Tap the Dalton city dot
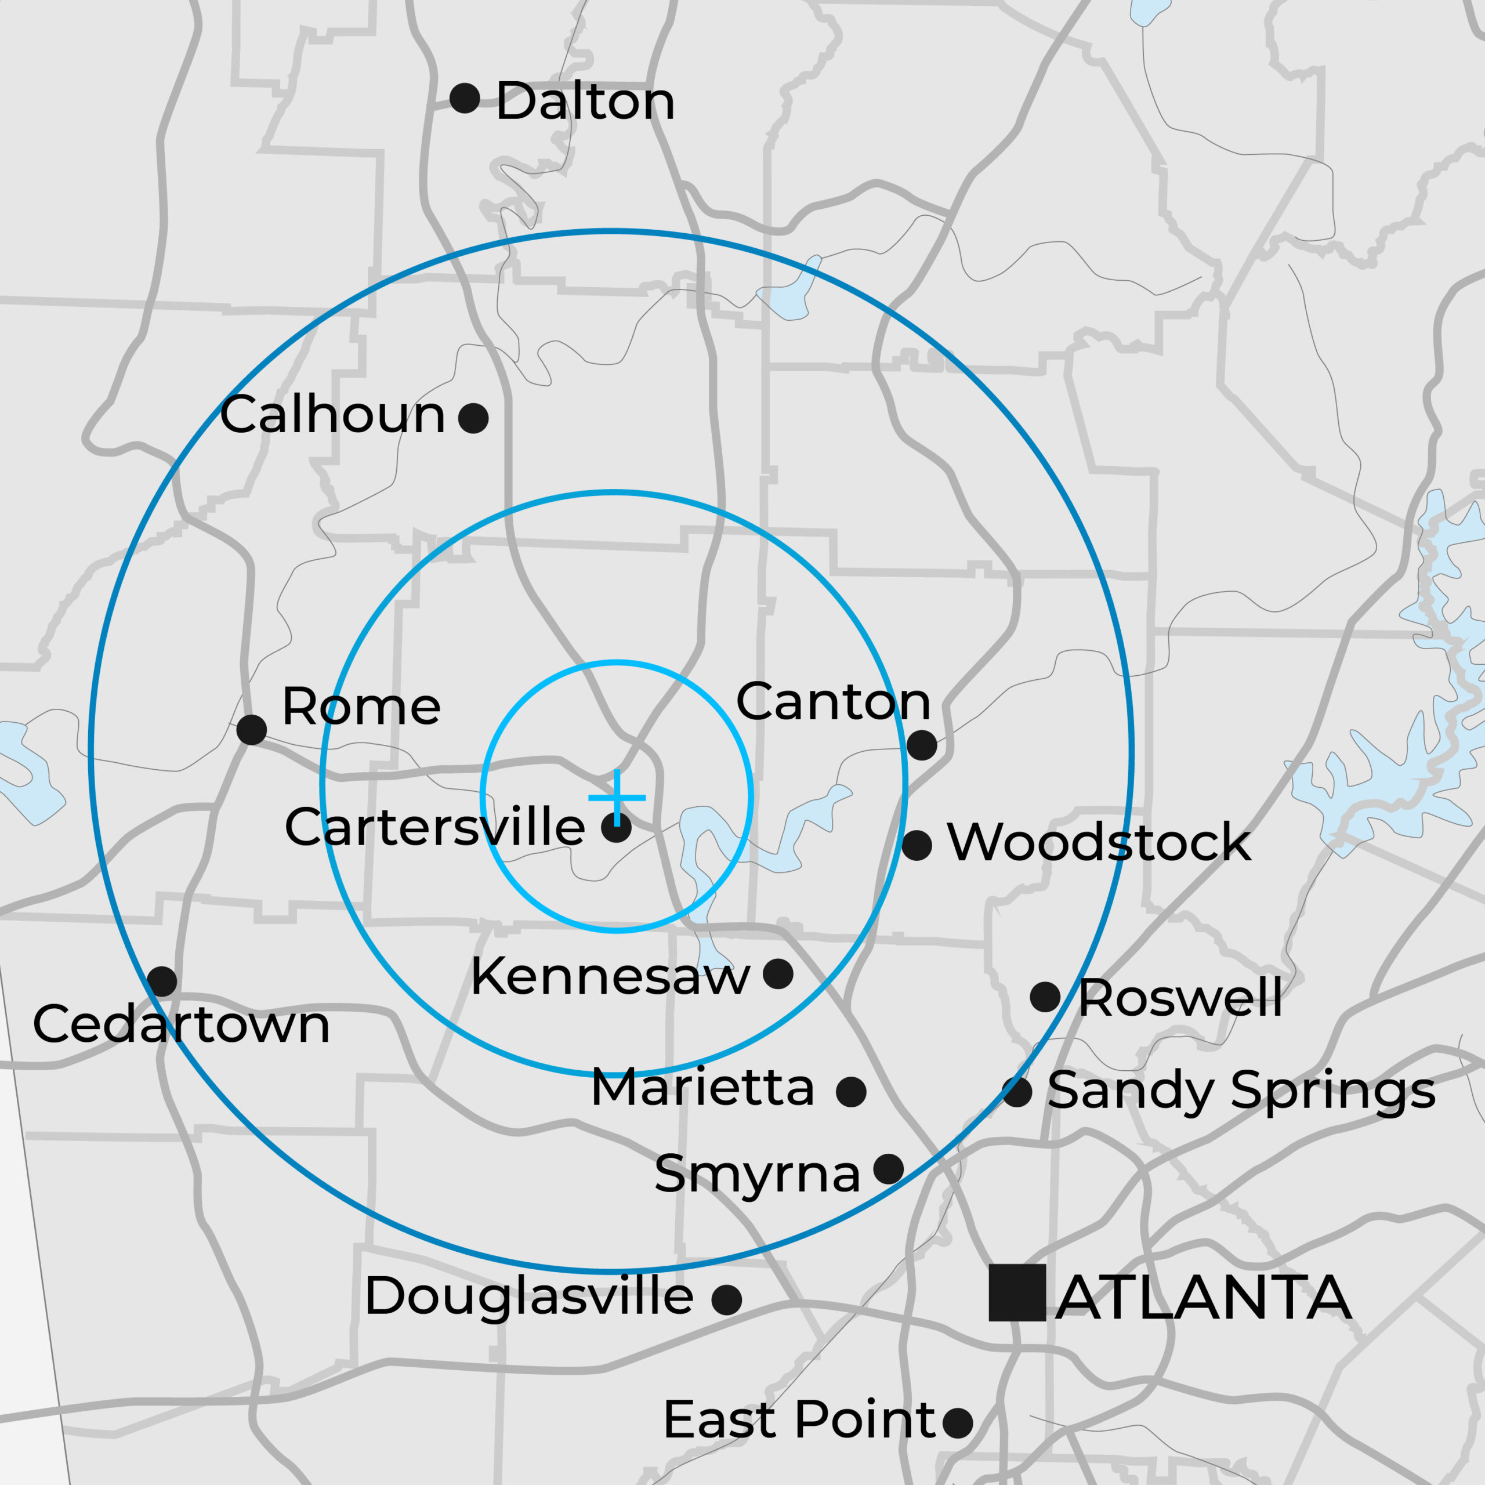465,99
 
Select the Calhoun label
333,415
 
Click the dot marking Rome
251,729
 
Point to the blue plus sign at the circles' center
617,798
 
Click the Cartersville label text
435,827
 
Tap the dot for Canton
922,745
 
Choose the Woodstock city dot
917,846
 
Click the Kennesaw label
610,977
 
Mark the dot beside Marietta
851,1092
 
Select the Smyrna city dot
889,1169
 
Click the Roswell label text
1180,998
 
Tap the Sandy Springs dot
1017,1092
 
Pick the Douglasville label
529,1296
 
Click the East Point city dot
958,1423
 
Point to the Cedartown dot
162,981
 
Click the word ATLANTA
1204,1298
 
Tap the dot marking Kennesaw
778,974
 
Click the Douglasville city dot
726,1300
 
